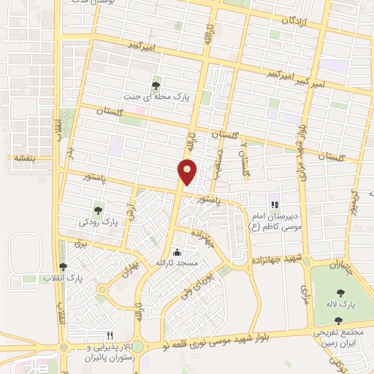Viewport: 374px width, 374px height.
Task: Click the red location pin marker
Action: point(187,172)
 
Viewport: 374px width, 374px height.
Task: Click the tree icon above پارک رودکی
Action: point(99,210)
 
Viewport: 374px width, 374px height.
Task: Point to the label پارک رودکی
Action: point(99,221)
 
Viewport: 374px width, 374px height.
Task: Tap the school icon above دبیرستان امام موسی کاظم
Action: point(274,205)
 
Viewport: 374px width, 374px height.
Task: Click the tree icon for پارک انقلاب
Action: point(64,267)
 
